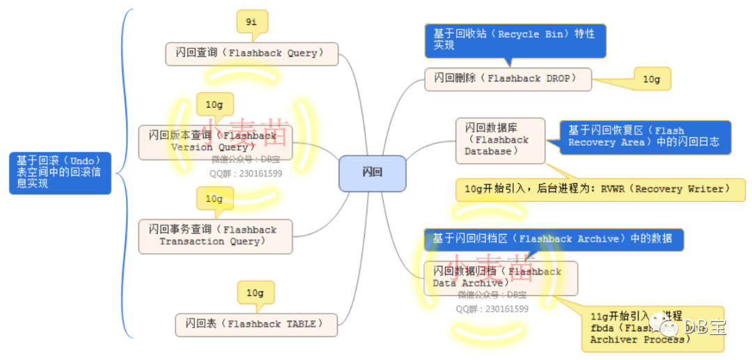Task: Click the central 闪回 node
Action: coord(372,173)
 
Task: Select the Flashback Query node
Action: coord(251,54)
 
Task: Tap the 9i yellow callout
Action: coord(252,22)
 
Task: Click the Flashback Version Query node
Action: coord(215,142)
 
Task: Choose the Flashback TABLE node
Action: coord(256,324)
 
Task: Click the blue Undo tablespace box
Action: coord(60,173)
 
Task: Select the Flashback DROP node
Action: coord(508,79)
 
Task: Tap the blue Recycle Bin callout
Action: coord(515,40)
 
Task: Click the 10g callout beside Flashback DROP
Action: coord(652,79)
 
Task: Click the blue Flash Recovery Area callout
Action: coord(645,136)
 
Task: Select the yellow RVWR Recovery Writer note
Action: coord(600,189)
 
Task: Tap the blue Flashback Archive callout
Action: coord(554,239)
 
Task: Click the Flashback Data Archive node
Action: coord(500,278)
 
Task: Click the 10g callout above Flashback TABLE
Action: coord(256,293)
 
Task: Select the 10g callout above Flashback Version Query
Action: coord(214,105)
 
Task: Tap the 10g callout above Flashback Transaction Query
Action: coord(214,199)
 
